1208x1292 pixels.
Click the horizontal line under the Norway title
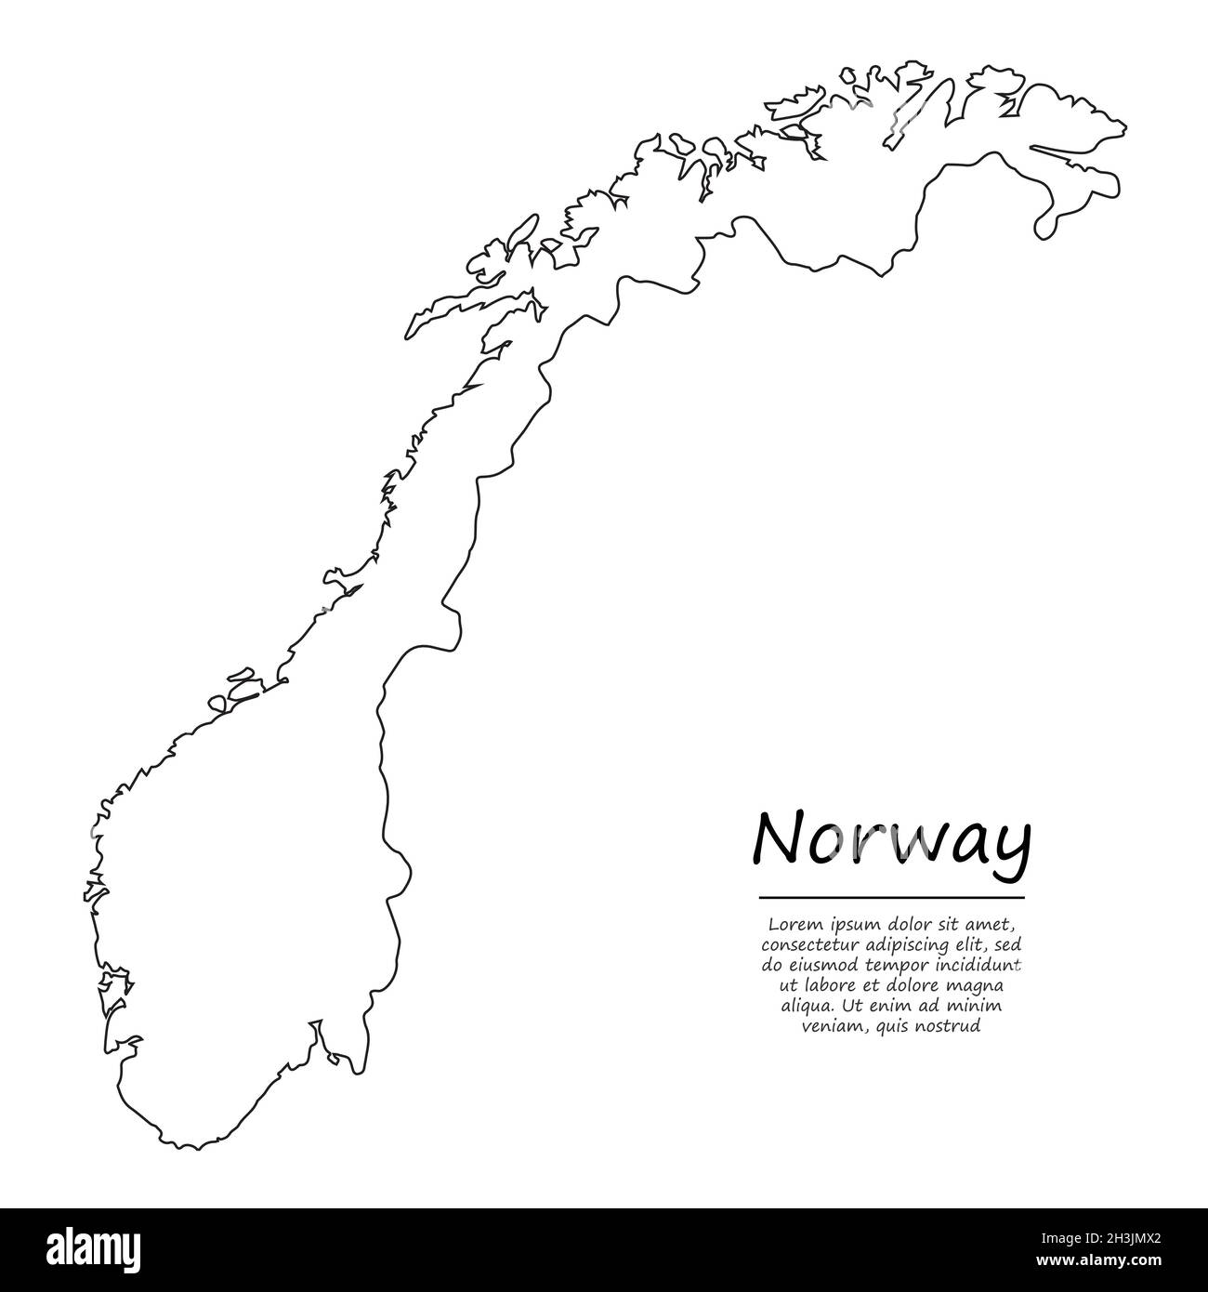point(891,898)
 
